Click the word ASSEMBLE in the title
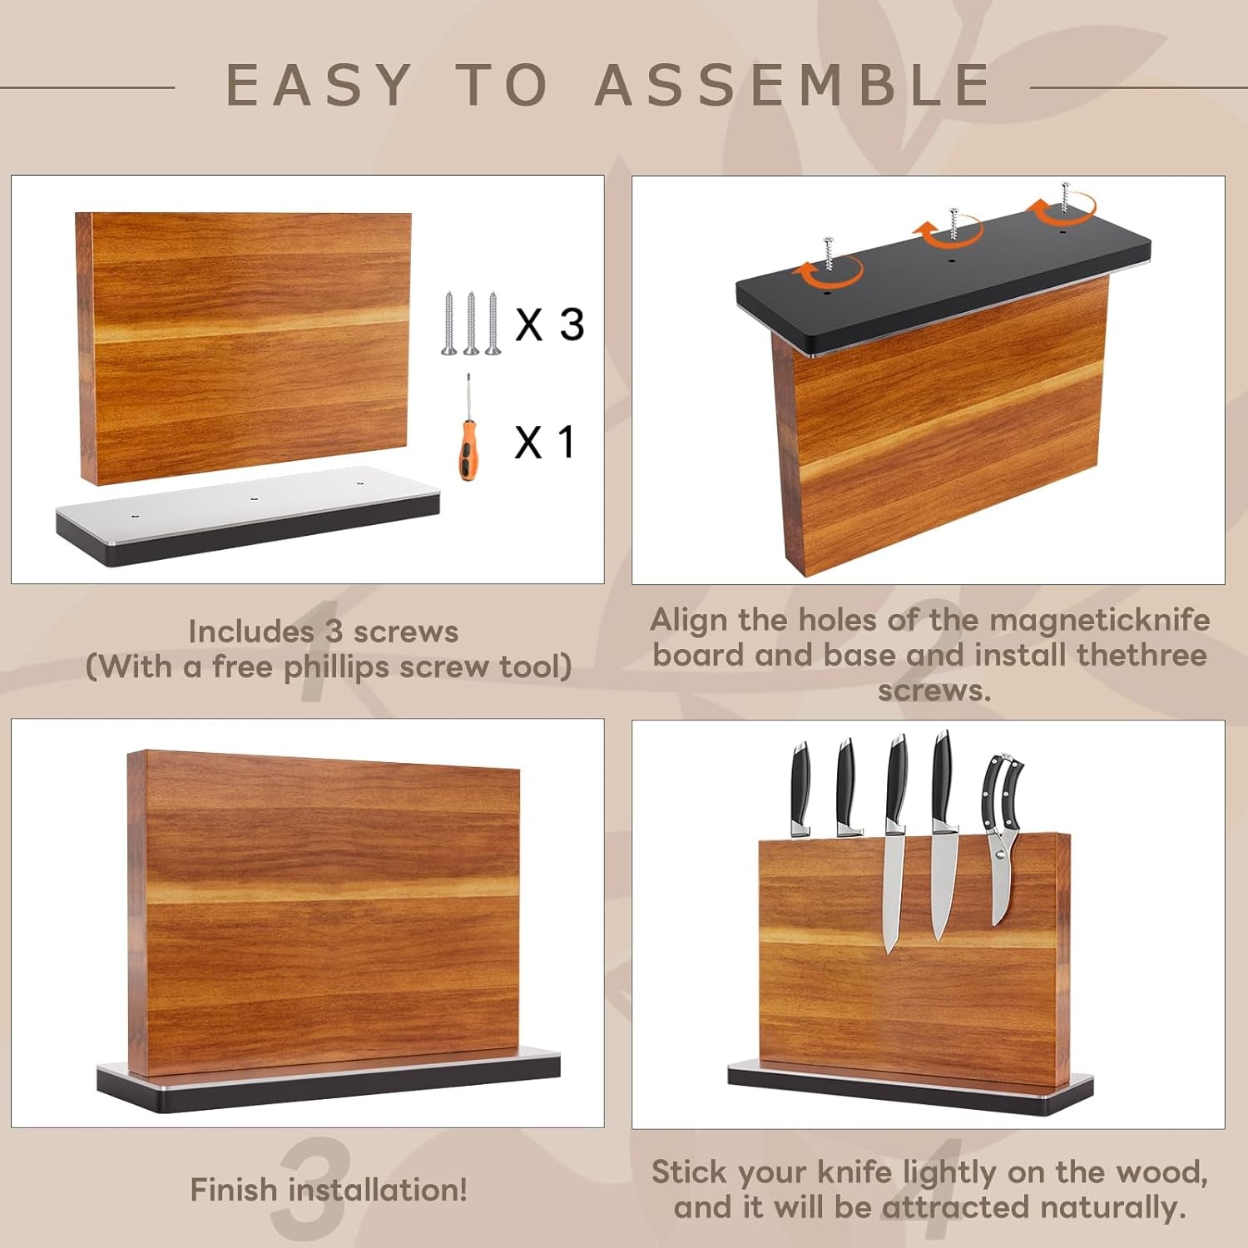(x=792, y=85)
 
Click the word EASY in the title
(x=319, y=85)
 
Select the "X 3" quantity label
(x=549, y=324)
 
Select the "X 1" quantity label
(x=545, y=442)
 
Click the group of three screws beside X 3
(x=471, y=324)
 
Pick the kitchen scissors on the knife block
(x=1002, y=832)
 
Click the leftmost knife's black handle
(x=800, y=782)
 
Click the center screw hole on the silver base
(x=254, y=498)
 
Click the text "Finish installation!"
(x=329, y=1190)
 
